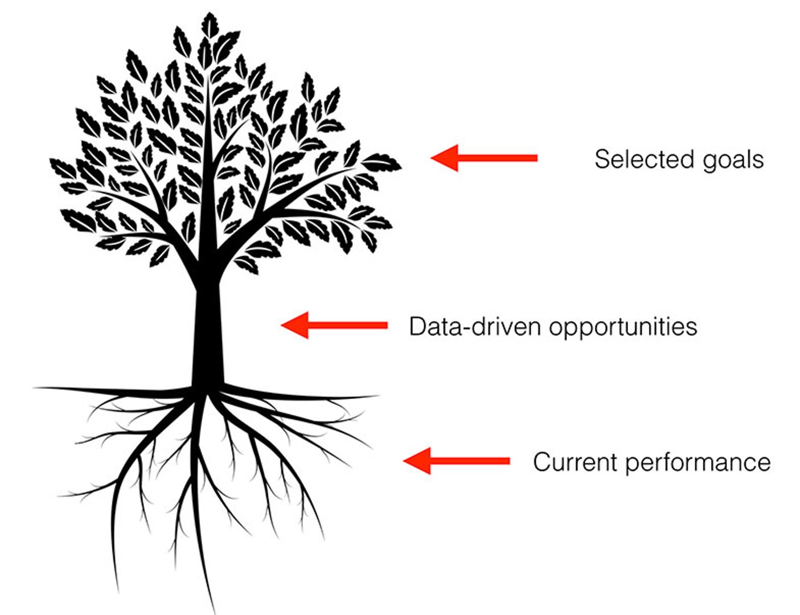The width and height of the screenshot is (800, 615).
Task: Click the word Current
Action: [x=575, y=461]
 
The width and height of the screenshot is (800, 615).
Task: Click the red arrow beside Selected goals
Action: [x=484, y=158]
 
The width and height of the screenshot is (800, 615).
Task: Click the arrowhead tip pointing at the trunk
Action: [x=282, y=325]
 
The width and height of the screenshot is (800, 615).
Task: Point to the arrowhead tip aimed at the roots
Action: [x=404, y=461]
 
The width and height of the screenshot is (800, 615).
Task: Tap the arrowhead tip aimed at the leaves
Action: [x=432, y=158]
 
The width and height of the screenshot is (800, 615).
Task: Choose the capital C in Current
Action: [x=542, y=461]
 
